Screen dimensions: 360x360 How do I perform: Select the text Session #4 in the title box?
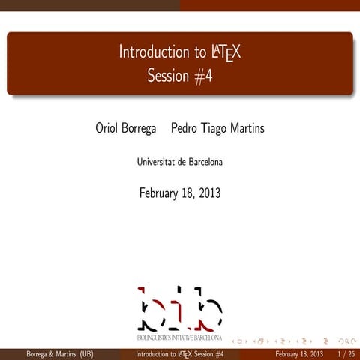tap(180, 76)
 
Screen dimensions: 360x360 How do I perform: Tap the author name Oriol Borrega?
tap(126, 129)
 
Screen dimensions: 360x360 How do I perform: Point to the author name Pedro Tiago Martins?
tap(217, 129)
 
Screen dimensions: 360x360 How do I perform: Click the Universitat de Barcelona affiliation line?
tap(180, 162)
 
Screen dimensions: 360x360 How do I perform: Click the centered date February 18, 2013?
tap(180, 193)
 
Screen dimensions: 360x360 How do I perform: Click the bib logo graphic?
tap(180, 307)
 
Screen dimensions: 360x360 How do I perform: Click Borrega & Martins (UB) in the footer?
tap(60, 353)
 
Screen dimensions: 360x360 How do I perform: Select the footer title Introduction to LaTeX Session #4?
tap(180, 353)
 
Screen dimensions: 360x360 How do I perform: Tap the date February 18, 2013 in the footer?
tap(299, 353)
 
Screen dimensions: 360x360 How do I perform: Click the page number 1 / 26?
tap(346, 353)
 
